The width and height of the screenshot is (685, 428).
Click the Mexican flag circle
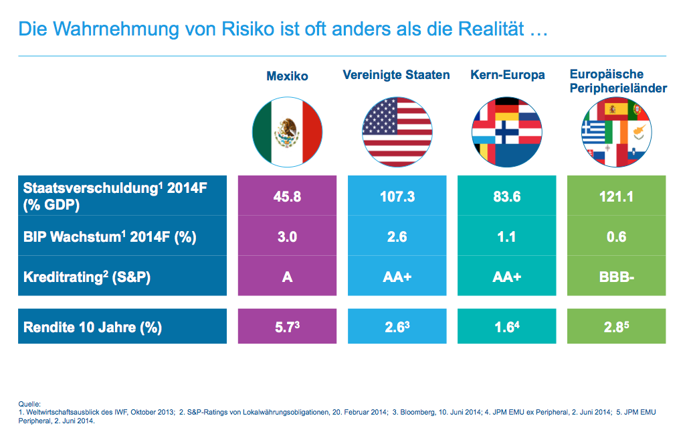[x=287, y=129]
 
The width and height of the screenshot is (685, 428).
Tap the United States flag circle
[x=396, y=129]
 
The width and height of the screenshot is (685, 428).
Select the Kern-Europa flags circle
[x=506, y=129]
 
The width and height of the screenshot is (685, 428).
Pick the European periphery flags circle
[x=616, y=129]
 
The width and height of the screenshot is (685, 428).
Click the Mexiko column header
[x=287, y=76]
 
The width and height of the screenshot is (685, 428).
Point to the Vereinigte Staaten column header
[x=396, y=75]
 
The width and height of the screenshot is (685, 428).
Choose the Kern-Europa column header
[x=506, y=75]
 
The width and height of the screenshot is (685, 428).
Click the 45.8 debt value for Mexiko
[x=287, y=197]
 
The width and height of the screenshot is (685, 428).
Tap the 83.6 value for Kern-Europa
[x=506, y=197]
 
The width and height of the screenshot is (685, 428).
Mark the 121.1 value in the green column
[x=616, y=197]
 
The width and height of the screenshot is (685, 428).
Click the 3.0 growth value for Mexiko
[x=287, y=236]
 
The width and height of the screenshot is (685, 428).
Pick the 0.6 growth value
[x=616, y=236]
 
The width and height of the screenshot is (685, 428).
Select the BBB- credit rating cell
[x=616, y=276]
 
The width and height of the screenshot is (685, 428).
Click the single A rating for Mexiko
[x=287, y=276]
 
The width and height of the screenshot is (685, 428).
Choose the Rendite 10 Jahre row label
[x=92, y=328]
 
